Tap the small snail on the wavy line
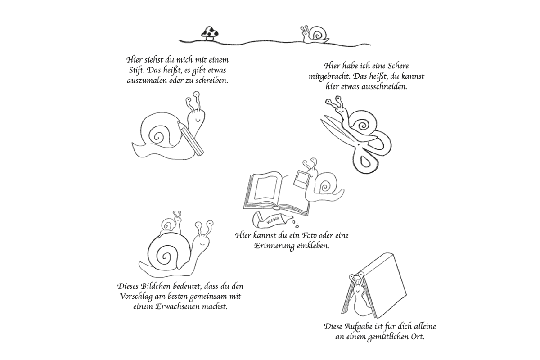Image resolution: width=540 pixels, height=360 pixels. [x=315, y=35]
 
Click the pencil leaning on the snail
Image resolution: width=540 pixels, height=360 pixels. [x=190, y=138]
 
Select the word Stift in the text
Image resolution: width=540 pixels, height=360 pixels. [x=136, y=70]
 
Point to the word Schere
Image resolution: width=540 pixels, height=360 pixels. [x=397, y=66]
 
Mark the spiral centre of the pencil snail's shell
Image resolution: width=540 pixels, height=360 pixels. [x=157, y=137]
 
